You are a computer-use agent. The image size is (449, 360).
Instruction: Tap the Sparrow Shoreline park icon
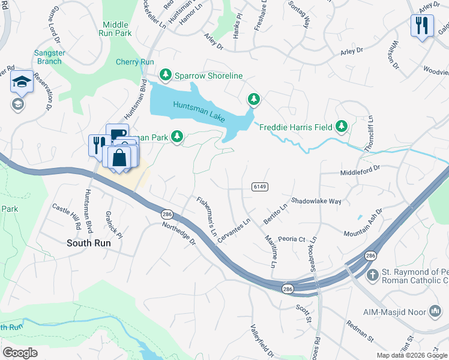tap(166, 75)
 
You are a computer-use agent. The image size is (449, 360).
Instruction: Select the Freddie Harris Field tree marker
tap(342, 126)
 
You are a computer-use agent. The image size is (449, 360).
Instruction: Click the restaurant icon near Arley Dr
tap(423, 26)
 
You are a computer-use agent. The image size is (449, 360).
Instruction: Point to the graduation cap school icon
tap(22, 82)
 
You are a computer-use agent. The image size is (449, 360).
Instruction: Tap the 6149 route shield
tap(259, 187)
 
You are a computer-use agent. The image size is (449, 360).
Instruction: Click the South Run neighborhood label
tap(88, 243)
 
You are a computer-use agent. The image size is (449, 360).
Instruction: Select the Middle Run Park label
tap(116, 29)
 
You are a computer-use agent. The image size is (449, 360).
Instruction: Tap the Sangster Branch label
tap(49, 57)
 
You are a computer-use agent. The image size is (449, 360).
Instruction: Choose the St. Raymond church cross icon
tap(372, 275)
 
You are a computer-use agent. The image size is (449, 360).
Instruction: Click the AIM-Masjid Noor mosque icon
tap(435, 311)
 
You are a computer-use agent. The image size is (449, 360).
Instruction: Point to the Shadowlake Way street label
tap(316, 202)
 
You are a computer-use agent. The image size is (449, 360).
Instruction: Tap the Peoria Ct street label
tap(292, 239)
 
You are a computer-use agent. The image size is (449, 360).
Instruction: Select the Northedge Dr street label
tap(179, 233)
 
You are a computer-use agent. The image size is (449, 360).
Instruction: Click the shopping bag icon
tap(120, 158)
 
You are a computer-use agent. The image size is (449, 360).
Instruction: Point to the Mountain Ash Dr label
tap(363, 224)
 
